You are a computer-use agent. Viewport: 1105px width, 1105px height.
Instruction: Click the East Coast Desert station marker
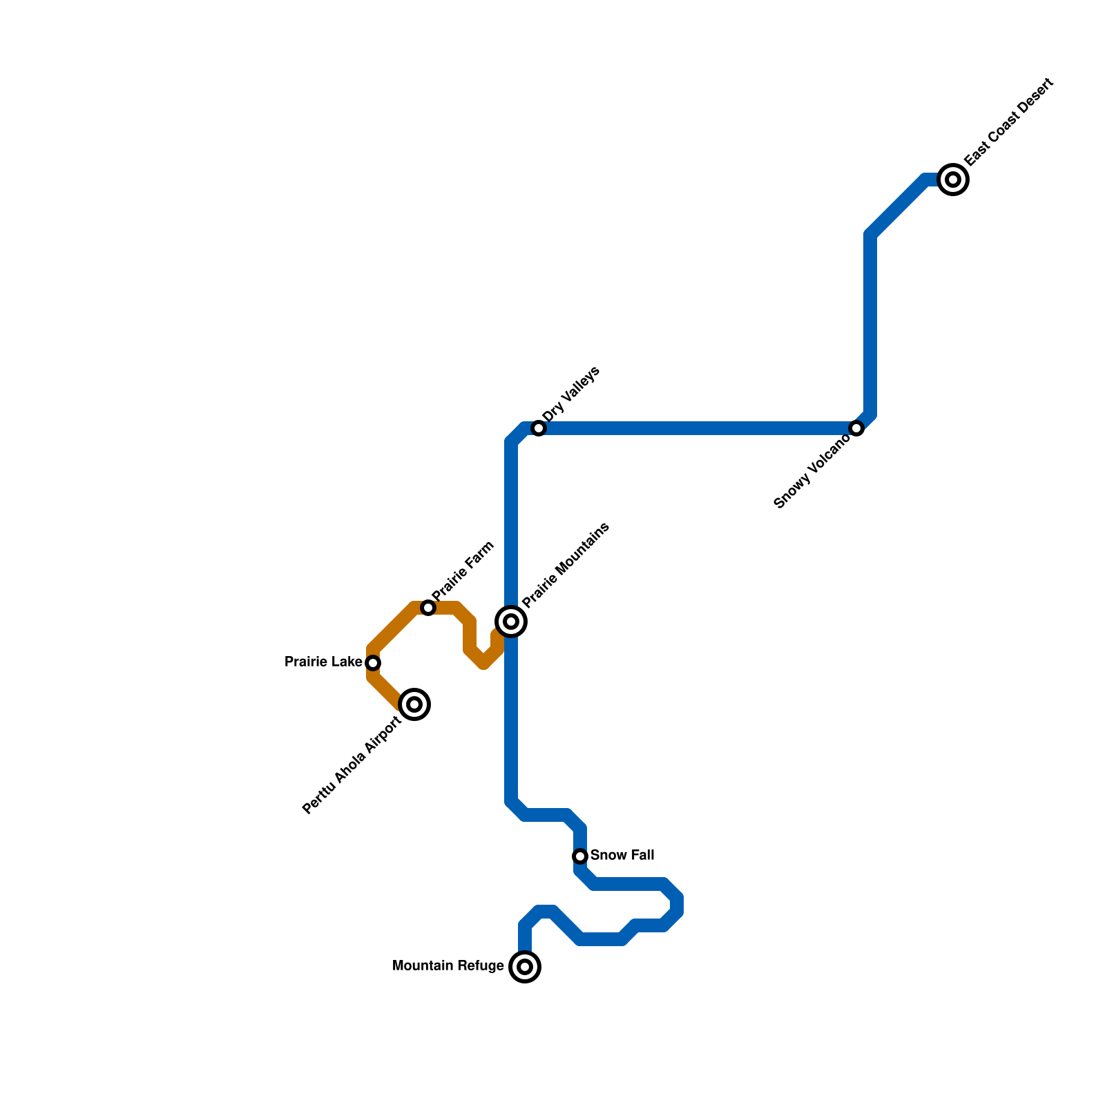point(953,180)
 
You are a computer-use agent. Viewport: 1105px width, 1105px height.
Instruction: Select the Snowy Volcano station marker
point(856,428)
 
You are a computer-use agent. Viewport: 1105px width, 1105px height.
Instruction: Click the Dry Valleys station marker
point(539,428)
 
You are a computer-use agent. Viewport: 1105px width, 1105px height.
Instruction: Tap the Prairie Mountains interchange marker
point(511,622)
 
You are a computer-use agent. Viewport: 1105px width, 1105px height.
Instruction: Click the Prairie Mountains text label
point(566,565)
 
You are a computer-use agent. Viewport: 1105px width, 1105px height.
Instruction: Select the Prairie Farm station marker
point(428,608)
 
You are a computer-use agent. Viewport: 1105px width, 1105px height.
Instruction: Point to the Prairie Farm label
point(463,571)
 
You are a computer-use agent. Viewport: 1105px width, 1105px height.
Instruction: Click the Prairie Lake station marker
point(373,663)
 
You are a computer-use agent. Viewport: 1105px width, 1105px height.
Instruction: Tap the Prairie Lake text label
point(323,662)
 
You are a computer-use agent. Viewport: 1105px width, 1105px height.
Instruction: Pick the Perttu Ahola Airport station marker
point(414,704)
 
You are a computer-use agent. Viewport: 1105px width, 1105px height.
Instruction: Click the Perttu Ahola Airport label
point(352,765)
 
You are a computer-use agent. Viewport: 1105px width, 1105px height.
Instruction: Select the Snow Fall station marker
point(580,856)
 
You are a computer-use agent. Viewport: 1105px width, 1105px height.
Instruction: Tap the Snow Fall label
point(622,856)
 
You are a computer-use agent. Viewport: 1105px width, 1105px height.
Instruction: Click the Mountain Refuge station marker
point(525,967)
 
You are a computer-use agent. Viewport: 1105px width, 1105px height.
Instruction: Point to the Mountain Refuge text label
point(448,966)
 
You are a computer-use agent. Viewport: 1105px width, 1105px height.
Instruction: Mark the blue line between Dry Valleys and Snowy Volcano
point(698,428)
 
